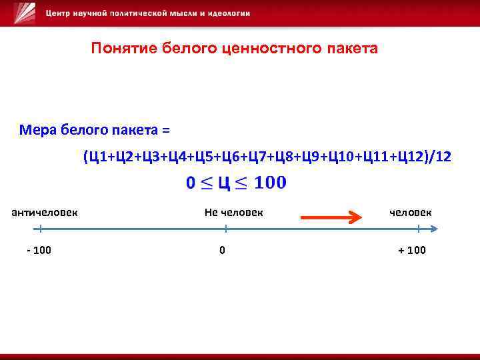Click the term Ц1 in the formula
point(96,157)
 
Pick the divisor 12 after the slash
point(442,157)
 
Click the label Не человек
point(233,212)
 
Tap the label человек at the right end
point(410,212)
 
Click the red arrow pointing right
point(330,217)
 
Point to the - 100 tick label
point(39,250)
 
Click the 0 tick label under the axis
point(222,250)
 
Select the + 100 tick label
point(411,250)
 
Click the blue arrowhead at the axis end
point(434,229)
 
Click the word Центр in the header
point(61,14)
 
